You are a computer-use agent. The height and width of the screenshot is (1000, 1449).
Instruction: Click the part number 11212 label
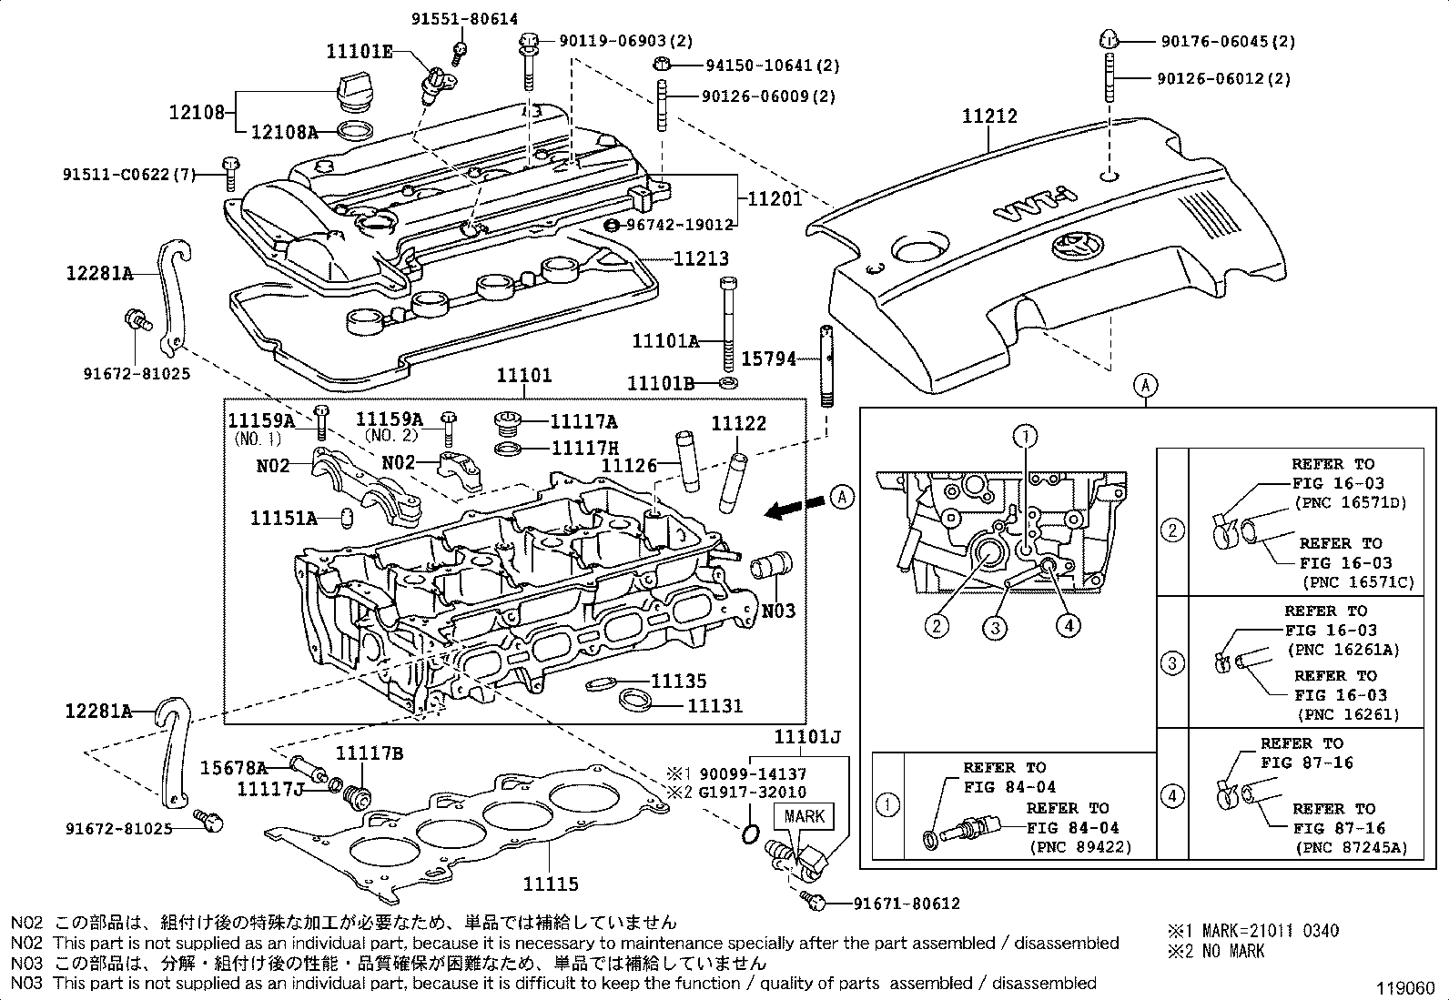coord(990,116)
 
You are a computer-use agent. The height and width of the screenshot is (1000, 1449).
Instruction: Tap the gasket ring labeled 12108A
coord(355,132)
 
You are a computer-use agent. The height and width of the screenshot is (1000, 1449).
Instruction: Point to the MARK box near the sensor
coord(804,816)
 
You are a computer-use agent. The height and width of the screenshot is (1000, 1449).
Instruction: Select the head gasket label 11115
coord(551,883)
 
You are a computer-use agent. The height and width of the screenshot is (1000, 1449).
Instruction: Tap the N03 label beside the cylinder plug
coord(779,611)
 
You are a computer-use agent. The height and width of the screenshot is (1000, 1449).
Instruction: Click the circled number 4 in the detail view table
coord(1172,795)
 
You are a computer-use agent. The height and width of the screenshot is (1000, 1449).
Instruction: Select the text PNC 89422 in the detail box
coord(1080,847)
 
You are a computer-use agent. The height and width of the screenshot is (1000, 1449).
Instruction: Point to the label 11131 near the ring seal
coord(714,705)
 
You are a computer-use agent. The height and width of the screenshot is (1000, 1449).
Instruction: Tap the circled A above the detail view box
coord(1146,385)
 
